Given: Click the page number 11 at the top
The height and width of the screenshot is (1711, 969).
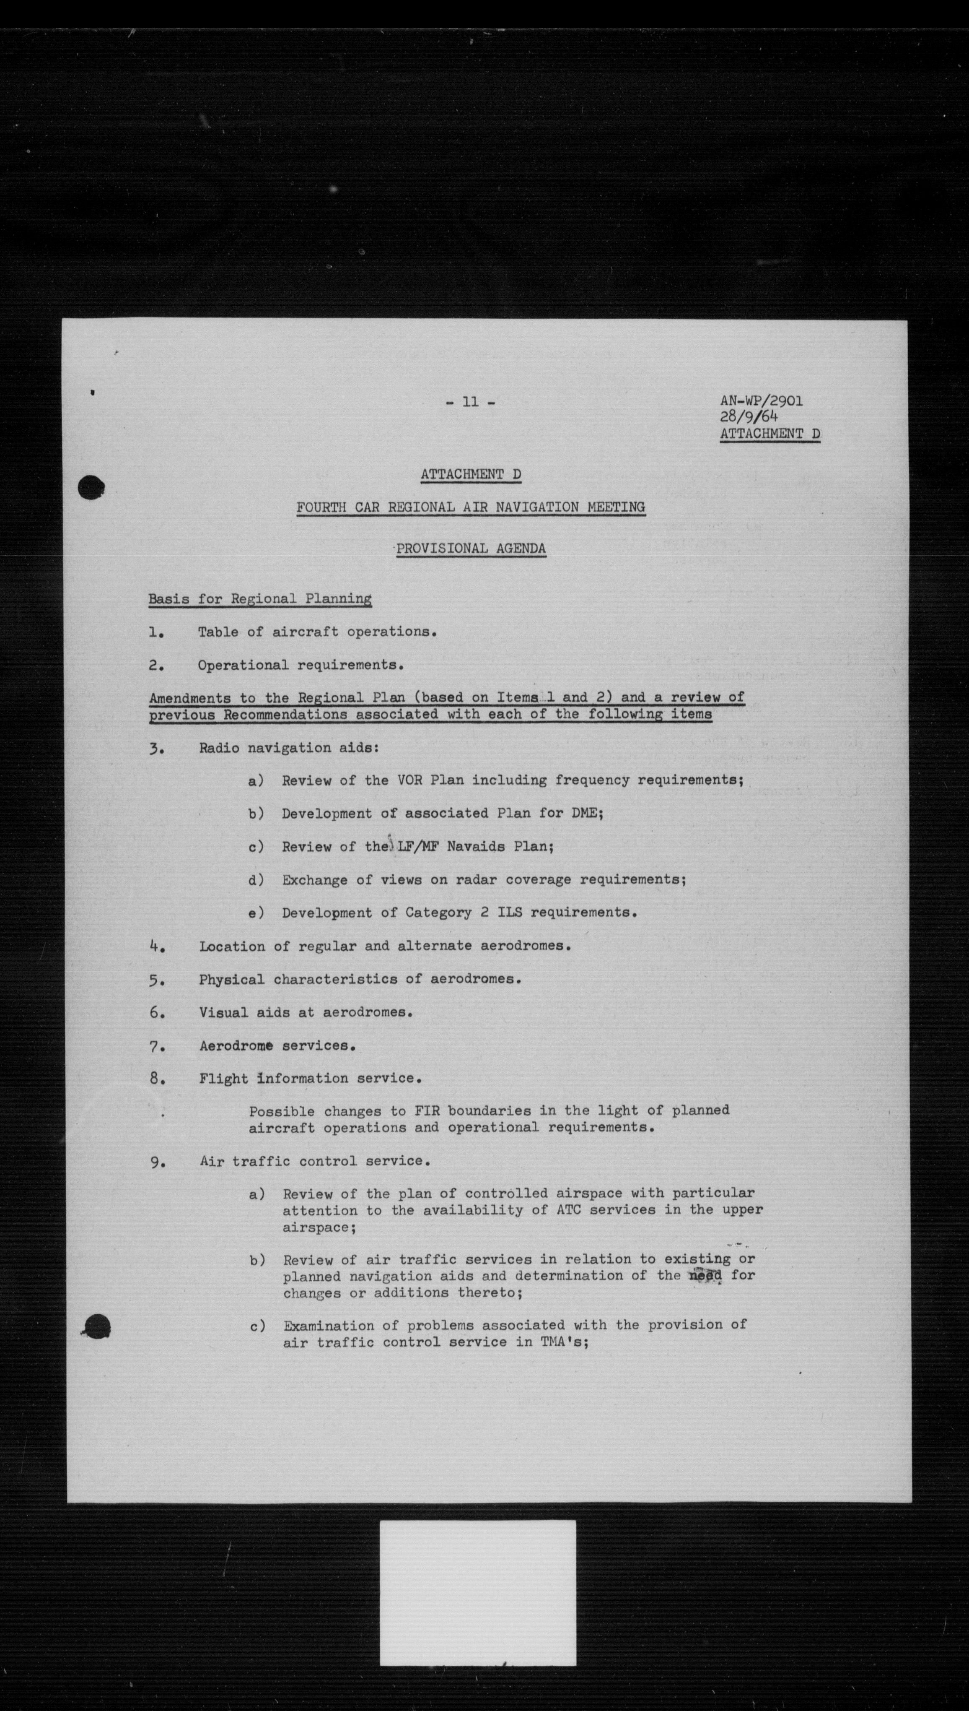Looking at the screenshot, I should click(x=471, y=402).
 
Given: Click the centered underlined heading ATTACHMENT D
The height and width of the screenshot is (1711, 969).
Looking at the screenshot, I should click(x=471, y=475).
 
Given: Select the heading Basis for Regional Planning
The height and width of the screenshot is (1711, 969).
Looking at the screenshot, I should click(x=259, y=598).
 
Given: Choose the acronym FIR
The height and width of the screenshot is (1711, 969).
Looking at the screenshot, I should click(x=427, y=1110).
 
